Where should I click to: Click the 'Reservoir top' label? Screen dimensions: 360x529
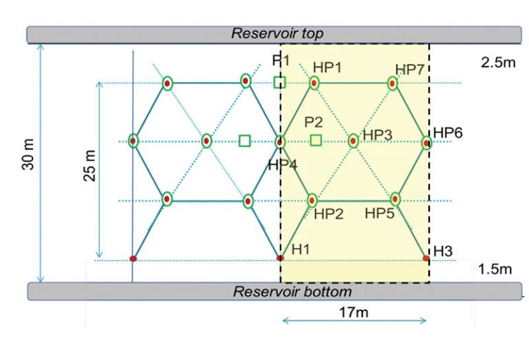click(x=276, y=34)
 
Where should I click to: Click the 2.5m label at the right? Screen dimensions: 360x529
click(x=497, y=64)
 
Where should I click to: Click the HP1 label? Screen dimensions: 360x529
click(x=327, y=68)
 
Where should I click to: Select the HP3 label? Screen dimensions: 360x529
click(x=378, y=135)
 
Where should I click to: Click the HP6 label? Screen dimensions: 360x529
click(x=448, y=132)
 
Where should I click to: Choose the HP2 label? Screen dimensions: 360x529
click(x=328, y=214)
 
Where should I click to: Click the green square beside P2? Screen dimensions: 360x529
click(x=316, y=140)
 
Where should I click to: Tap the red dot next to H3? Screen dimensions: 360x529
click(x=426, y=258)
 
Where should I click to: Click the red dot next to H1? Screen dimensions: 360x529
click(x=280, y=258)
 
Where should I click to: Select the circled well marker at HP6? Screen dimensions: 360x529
click(x=427, y=142)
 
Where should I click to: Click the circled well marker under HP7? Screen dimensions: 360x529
click(x=393, y=83)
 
